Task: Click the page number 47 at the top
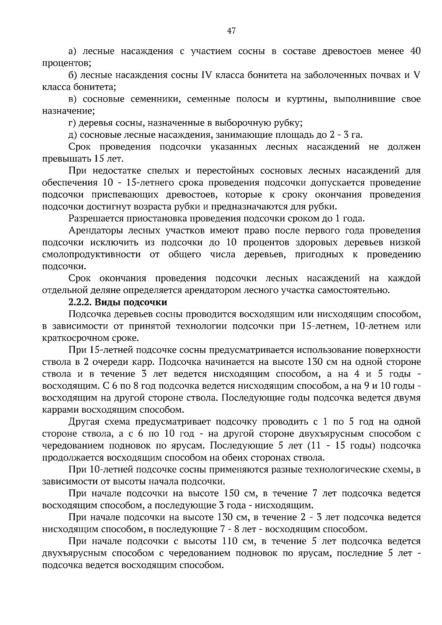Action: tap(231, 31)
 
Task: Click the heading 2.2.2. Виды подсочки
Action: tap(118, 302)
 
